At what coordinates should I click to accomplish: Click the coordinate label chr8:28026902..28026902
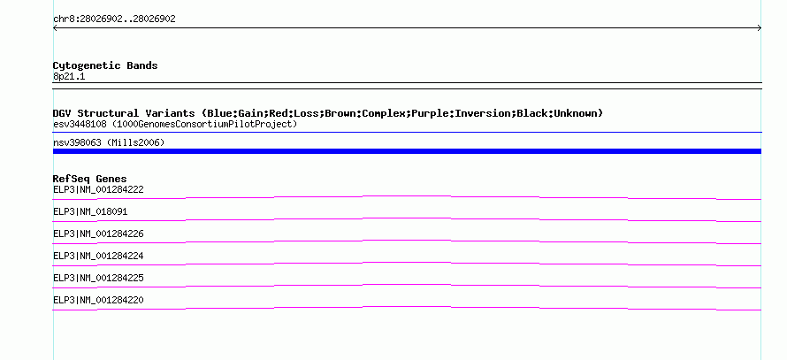coord(114,19)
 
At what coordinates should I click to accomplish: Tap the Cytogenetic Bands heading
coord(105,65)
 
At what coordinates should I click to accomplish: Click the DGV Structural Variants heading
coord(328,113)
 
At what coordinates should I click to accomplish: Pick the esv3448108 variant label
coord(80,124)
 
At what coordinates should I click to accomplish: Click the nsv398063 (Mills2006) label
coord(109,143)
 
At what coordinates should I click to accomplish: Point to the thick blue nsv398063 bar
coord(407,151)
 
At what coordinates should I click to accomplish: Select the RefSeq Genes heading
coord(90,179)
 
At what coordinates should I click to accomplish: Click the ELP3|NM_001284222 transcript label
coord(98,190)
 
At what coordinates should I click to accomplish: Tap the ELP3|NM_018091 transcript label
coord(90,212)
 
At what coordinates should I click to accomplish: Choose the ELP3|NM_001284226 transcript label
coord(98,234)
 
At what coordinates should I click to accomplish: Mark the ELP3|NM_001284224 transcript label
coord(98,256)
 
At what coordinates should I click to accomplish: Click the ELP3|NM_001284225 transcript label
coord(98,278)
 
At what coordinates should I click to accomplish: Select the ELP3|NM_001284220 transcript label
coord(98,300)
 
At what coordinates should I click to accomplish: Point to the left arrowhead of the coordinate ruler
coord(54,28)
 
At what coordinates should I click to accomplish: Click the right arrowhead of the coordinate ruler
coord(760,28)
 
